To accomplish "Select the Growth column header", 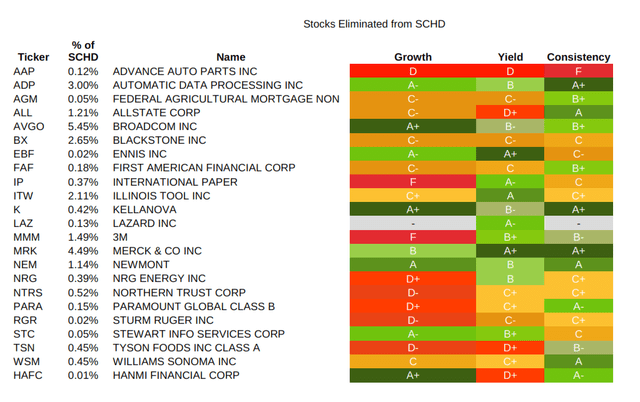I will (413, 57).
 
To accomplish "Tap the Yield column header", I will (510, 57).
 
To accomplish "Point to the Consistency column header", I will (578, 57).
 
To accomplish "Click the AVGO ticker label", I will (29, 127).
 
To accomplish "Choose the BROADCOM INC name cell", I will (155, 127).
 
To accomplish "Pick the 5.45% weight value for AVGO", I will (83, 127).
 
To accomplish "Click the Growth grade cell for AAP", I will (413, 72).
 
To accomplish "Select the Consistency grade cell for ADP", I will (578, 86).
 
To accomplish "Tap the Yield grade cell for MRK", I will (510, 251).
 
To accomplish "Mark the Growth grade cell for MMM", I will (413, 237).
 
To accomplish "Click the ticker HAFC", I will (29, 375).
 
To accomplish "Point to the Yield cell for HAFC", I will (510, 375).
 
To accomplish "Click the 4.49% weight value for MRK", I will (83, 251).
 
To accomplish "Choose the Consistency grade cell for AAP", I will (578, 72).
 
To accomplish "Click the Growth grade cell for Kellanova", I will (413, 210).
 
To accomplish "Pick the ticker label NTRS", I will (29, 292).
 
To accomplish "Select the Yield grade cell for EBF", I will (510, 155).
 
